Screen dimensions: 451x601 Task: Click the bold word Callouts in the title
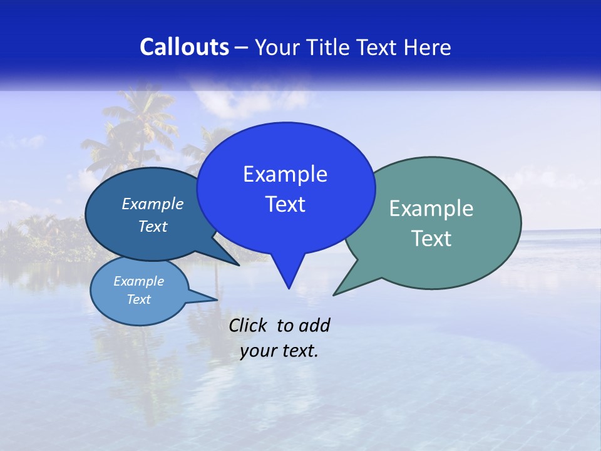point(184,47)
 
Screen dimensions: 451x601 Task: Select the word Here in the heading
point(427,47)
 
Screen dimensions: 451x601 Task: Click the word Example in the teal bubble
point(431,209)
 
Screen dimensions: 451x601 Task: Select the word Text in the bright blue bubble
point(285,204)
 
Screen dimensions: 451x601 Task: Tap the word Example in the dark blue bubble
point(152,204)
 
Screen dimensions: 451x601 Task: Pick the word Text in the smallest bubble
point(138,299)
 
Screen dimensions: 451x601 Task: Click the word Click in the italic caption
point(247,325)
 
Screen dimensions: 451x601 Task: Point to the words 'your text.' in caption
point(279,351)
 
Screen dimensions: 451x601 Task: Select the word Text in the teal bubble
point(431,239)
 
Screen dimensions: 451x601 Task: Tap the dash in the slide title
point(242,48)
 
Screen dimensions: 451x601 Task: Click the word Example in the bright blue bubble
point(285,174)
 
